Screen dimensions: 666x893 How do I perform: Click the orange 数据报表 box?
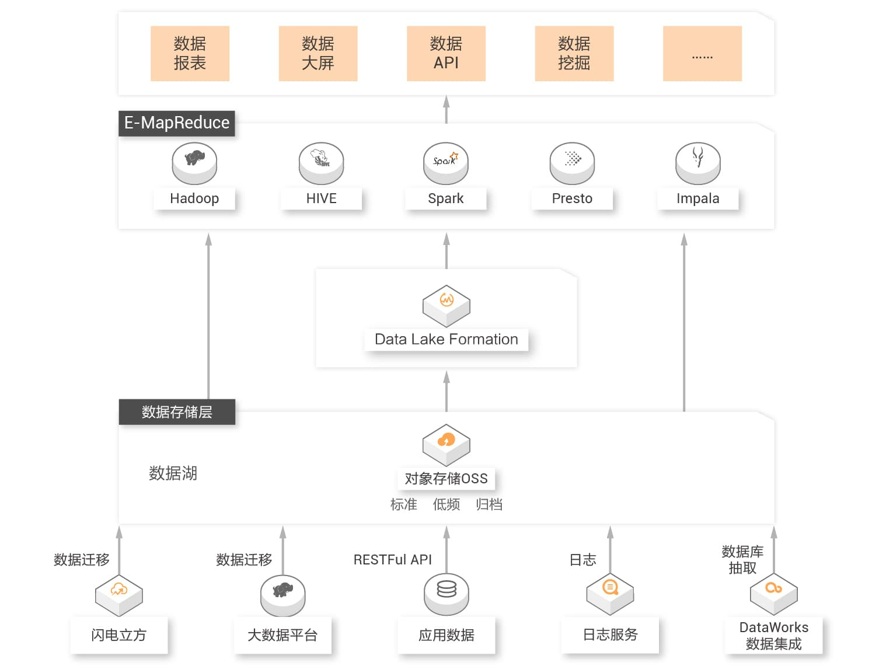[190, 53]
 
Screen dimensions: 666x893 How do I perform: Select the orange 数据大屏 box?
[318, 53]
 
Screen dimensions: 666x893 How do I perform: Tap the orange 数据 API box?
[446, 53]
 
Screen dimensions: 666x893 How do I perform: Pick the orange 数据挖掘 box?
[574, 53]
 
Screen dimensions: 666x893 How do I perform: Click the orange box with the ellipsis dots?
[702, 53]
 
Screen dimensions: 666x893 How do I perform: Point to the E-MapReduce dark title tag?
[176, 123]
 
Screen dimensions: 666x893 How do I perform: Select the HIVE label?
[321, 198]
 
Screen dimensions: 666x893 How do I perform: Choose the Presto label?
[572, 198]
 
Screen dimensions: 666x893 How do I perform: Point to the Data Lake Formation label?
[446, 339]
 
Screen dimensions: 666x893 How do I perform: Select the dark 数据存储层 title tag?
[177, 412]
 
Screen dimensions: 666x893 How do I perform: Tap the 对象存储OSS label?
[446, 479]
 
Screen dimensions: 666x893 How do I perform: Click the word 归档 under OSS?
[489, 504]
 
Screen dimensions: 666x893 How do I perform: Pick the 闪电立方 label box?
[119, 635]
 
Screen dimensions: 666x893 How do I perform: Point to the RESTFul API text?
[392, 560]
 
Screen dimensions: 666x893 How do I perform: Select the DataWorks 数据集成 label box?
[773, 636]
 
